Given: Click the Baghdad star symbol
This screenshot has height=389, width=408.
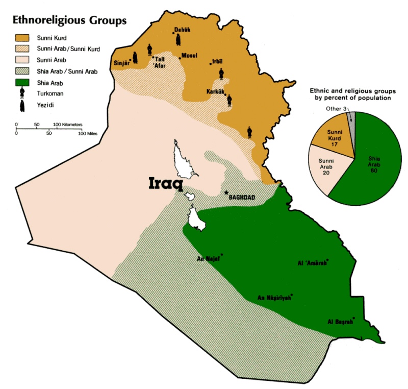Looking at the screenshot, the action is click(226, 193).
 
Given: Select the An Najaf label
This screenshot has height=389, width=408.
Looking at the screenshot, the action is click(208, 258).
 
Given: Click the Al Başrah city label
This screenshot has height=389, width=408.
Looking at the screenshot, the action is click(340, 322).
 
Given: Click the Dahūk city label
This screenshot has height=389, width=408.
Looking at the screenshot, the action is click(182, 30).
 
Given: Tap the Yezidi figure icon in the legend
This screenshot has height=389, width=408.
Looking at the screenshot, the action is click(23, 105).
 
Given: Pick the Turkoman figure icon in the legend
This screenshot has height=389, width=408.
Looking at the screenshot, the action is click(23, 93).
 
